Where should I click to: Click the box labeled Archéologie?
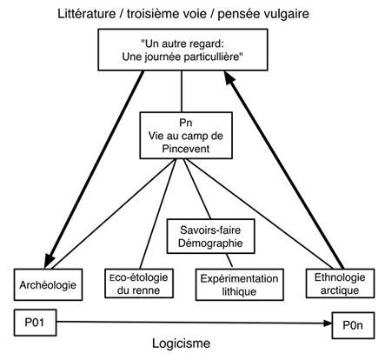pyautogui.click(x=48, y=284)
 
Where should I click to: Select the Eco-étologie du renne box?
pyautogui.click(x=139, y=283)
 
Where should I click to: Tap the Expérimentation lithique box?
pyautogui.click(x=239, y=284)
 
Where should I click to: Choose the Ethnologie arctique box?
pyautogui.click(x=340, y=283)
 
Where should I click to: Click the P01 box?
pyautogui.click(x=35, y=323)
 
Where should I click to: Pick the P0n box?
pyautogui.click(x=353, y=325)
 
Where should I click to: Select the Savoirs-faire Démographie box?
pyautogui.click(x=211, y=237)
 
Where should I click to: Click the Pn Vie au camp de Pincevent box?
pyautogui.click(x=186, y=136)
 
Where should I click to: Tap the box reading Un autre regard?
pyautogui.click(x=183, y=50)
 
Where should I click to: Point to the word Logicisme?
pyautogui.click(x=182, y=343)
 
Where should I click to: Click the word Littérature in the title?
pyautogui.click(x=86, y=14)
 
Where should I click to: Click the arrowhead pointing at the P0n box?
pyautogui.click(x=328, y=323)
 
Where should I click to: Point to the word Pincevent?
pyautogui.click(x=186, y=149)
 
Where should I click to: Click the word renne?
pyautogui.click(x=146, y=290)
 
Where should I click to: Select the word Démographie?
pyautogui.click(x=210, y=243)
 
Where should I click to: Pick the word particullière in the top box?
pyautogui.click(x=213, y=57)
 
